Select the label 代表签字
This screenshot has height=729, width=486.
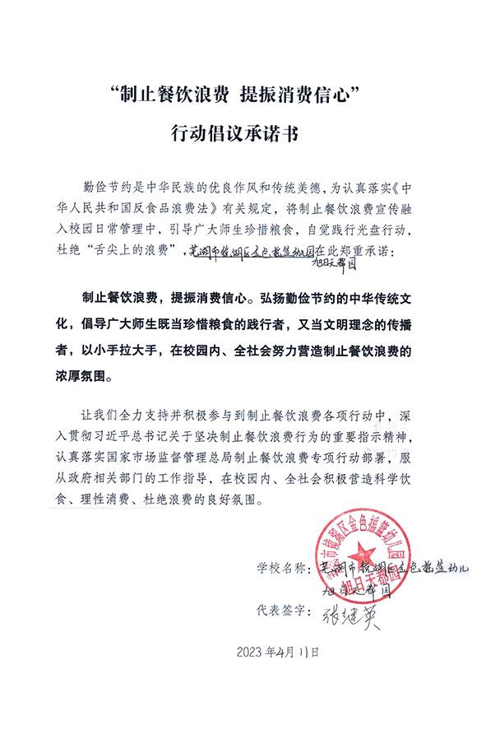click(279, 611)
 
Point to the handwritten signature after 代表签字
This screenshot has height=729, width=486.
click(354, 613)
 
